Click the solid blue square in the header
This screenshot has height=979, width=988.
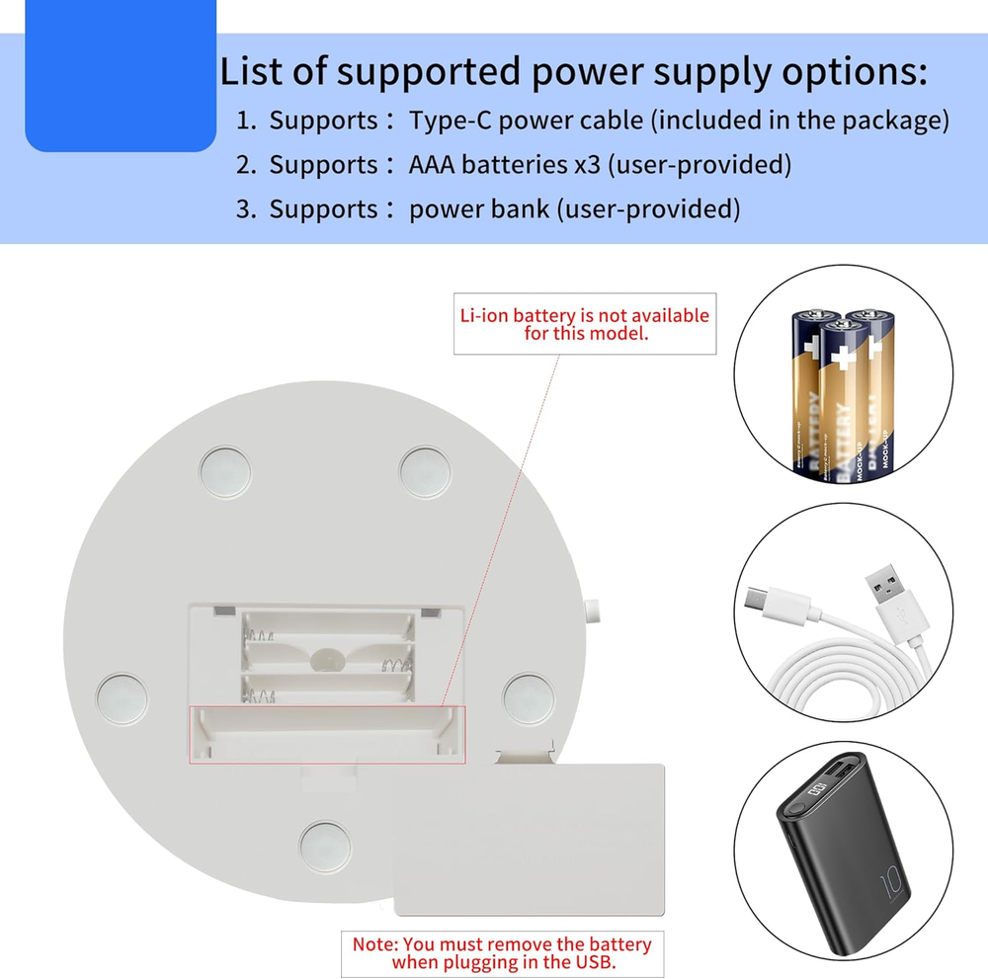(x=121, y=76)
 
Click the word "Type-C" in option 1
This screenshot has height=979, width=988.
(x=451, y=121)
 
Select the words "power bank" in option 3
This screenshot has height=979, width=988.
(x=479, y=209)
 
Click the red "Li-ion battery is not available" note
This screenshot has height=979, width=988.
(x=585, y=324)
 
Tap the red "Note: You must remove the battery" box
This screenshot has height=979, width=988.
(x=502, y=953)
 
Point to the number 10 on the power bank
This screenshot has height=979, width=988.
(x=892, y=883)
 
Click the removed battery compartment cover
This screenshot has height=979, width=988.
(x=529, y=839)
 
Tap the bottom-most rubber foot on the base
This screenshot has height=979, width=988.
(x=325, y=847)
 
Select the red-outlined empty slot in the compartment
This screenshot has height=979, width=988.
(x=327, y=735)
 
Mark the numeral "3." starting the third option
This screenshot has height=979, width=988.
(x=246, y=209)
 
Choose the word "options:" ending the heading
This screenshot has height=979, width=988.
(x=855, y=72)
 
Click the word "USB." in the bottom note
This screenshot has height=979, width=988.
(x=596, y=962)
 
